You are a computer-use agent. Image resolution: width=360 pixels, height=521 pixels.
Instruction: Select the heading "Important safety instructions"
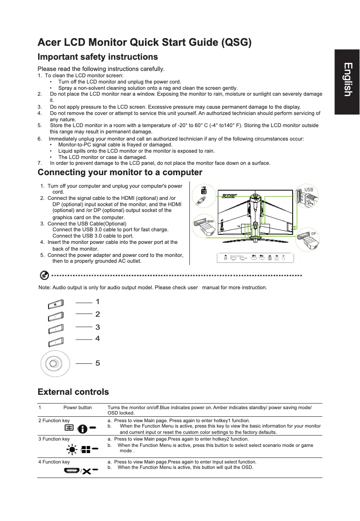pos(97,57)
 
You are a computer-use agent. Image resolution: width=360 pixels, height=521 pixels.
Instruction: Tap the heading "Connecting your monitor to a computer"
pos(120,172)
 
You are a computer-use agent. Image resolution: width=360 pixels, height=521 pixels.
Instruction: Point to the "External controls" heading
pos(73,392)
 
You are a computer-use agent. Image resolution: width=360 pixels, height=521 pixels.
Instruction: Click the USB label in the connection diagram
pos(308,190)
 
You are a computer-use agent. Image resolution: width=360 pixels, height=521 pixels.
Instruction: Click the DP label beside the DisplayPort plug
pos(314,234)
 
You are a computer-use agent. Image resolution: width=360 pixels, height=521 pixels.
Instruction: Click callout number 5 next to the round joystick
pos(97,362)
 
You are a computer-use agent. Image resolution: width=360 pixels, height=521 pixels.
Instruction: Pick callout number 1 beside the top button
pos(97,301)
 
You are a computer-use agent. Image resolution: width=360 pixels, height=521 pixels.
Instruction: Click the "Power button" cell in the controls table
pos(77,408)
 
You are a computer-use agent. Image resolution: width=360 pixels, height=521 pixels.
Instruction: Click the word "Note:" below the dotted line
pos(44,287)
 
